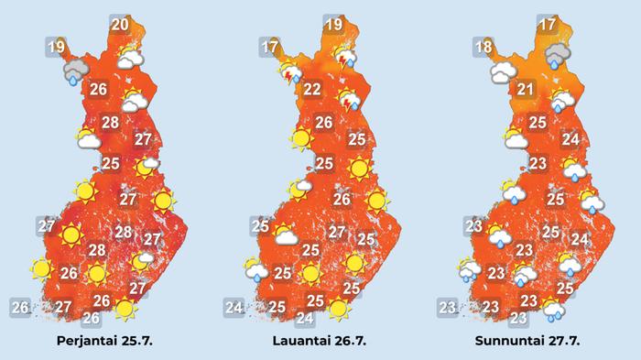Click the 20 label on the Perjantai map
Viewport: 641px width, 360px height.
pyautogui.click(x=119, y=25)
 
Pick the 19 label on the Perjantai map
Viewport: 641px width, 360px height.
pyautogui.click(x=56, y=46)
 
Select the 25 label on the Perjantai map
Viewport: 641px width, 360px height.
pyautogui.click(x=111, y=164)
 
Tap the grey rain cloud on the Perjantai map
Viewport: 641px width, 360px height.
pyautogui.click(x=72, y=71)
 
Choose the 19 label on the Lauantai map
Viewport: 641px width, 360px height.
pyautogui.click(x=333, y=25)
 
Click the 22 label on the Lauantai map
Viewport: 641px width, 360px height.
pyautogui.click(x=312, y=89)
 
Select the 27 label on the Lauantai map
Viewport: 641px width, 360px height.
pyautogui.click(x=337, y=232)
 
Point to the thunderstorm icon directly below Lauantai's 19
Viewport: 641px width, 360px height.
pyautogui.click(x=346, y=59)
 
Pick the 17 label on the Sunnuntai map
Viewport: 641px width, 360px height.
pyautogui.click(x=548, y=25)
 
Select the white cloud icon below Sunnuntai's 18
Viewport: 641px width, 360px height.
pyautogui.click(x=503, y=71)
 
